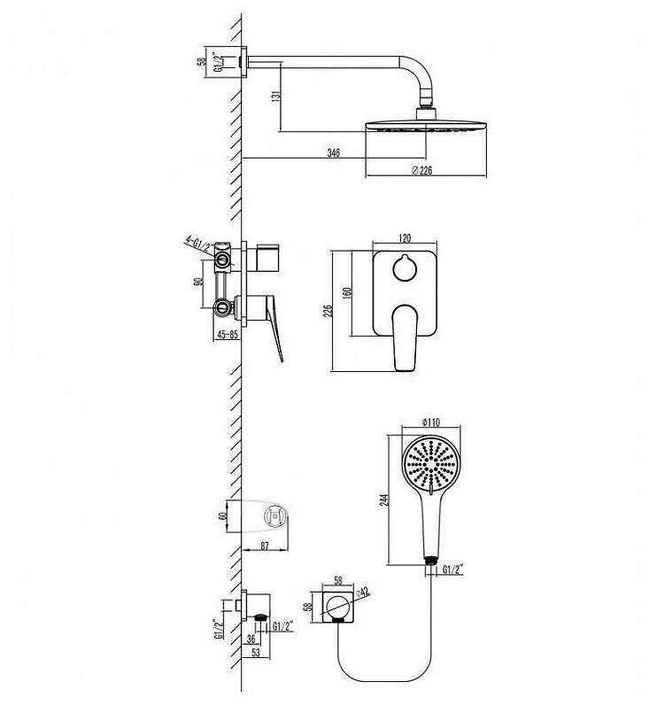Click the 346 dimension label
[x=333, y=153]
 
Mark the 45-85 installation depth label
[x=228, y=335]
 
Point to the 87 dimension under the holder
[x=265, y=546]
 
